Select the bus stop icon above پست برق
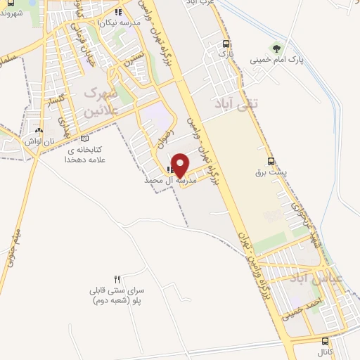(271, 160)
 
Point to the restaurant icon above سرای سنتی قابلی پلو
(117, 279)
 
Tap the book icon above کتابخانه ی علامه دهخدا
(85, 139)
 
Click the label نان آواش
(39, 141)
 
